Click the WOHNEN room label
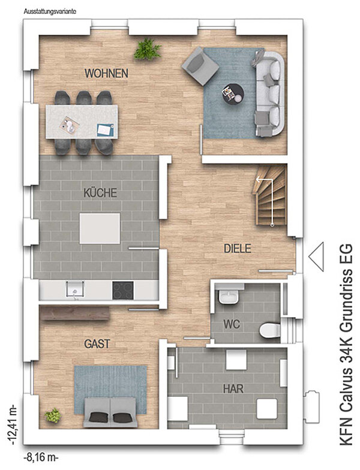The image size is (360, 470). (x=107, y=73)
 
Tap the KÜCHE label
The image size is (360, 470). (x=100, y=192)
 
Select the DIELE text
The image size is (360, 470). (x=238, y=248)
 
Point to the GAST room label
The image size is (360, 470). (x=97, y=344)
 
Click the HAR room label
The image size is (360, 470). (x=233, y=388)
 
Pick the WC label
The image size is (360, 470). (x=232, y=324)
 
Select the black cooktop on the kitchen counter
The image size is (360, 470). (x=123, y=290)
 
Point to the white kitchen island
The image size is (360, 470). (x=100, y=228)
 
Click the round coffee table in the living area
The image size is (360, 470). (x=233, y=94)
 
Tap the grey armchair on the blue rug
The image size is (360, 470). (x=200, y=66)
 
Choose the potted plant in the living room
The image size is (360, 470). (x=148, y=49)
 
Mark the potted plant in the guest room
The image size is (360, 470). (x=53, y=415)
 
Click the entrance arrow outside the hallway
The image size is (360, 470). (x=316, y=257)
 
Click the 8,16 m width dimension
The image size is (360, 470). (x=41, y=458)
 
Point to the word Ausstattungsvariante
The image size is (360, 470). (x=50, y=12)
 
